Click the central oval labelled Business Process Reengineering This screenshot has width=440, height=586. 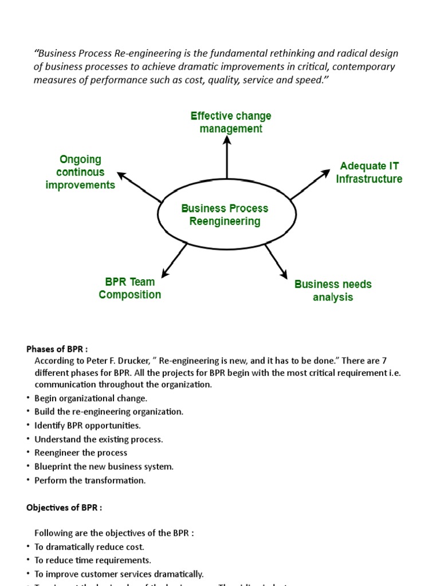[x=227, y=215]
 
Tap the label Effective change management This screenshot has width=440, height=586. [x=231, y=122]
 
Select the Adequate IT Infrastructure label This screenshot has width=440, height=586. [x=369, y=173]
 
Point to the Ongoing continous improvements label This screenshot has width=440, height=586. [x=80, y=172]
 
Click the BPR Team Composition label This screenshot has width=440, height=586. [x=129, y=288]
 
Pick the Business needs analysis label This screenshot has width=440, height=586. [x=333, y=291]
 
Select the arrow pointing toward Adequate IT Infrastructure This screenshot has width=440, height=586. [x=310, y=184]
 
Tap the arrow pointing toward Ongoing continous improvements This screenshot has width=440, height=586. [x=139, y=187]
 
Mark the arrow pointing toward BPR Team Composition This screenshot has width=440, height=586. [x=174, y=260]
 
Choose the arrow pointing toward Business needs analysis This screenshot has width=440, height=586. [x=276, y=262]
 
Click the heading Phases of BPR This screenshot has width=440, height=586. [x=57, y=349]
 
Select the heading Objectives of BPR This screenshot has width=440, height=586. [x=64, y=508]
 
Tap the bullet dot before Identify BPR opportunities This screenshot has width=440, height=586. [x=27, y=425]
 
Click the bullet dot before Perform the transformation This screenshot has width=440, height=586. [x=27, y=480]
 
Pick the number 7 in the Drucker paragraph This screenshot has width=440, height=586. [x=384, y=361]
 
